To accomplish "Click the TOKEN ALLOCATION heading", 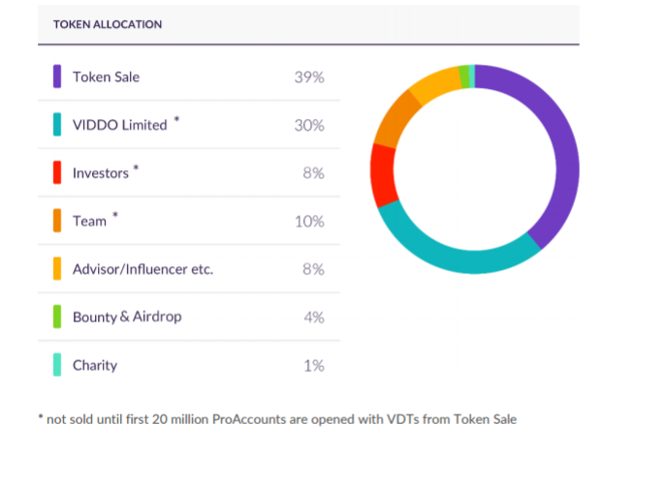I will [108, 24].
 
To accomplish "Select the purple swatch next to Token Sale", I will [58, 76].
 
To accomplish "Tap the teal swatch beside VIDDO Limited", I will [58, 125].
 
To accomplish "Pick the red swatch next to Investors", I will [58, 173].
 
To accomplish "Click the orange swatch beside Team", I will [58, 221].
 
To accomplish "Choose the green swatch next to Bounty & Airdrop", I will [58, 317].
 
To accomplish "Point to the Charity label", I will [95, 365].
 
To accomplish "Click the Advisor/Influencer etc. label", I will [142, 269].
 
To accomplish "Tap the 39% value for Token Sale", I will [309, 76].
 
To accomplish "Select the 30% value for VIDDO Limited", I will [309, 125].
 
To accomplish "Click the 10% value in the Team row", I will [309, 221].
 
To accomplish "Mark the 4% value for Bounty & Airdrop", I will [313, 317].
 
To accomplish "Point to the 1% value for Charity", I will [313, 365].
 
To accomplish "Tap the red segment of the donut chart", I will [382, 174].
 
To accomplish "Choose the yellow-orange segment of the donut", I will [432, 85].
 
